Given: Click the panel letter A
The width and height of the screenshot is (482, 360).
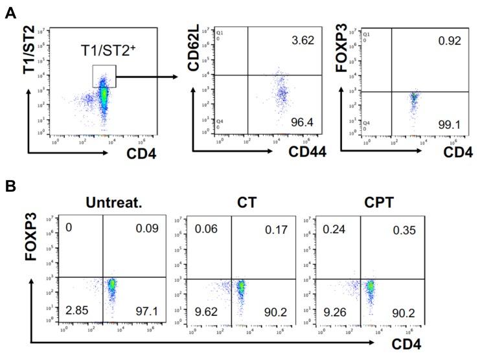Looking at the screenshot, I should pyautogui.click(x=10, y=12).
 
